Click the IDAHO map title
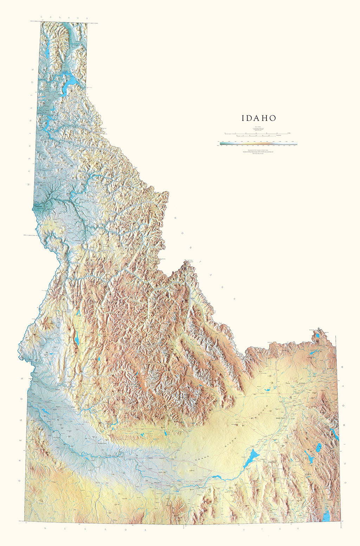259,118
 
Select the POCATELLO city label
272,462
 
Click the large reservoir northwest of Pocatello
251,458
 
